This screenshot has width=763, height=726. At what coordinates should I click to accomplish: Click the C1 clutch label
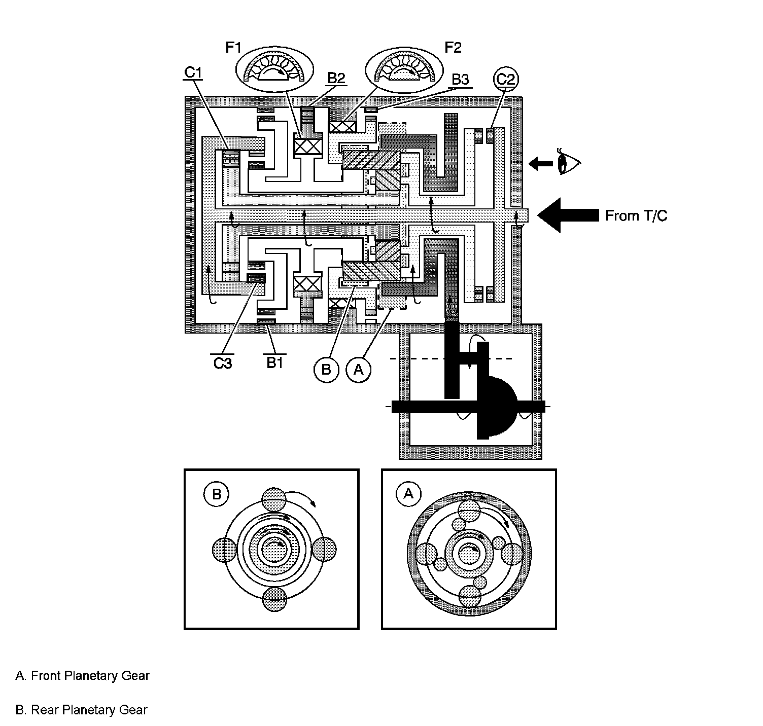(x=193, y=73)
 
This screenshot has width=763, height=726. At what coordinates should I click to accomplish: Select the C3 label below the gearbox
(x=222, y=363)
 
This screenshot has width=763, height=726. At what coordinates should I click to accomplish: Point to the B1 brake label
(x=274, y=362)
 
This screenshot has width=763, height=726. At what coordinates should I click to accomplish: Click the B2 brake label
(x=336, y=78)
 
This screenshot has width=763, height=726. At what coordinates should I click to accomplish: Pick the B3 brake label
(x=460, y=80)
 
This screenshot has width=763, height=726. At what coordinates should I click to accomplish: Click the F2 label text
(x=453, y=48)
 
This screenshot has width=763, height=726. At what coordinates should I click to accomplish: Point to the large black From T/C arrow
(x=567, y=215)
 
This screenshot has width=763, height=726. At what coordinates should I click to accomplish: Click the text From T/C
(x=636, y=216)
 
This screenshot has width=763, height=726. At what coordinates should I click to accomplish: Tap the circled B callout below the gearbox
(x=326, y=370)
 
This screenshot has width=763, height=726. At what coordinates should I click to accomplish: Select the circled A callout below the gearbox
(x=358, y=370)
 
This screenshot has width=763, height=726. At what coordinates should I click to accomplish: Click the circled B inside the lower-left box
(x=217, y=493)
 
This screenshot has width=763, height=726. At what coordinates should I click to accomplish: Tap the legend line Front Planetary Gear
(x=83, y=676)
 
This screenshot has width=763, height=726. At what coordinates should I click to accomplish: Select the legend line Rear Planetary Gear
(x=82, y=710)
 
